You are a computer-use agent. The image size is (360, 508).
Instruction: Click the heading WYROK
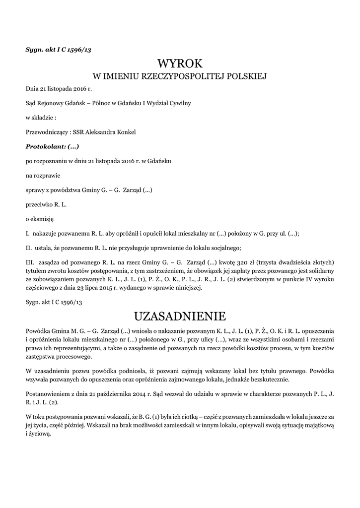180,63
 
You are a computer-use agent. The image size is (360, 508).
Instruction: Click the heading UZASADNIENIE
180,316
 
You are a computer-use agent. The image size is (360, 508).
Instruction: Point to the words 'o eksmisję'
39,218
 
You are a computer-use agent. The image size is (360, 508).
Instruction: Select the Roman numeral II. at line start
28,248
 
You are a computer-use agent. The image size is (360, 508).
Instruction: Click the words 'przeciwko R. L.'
46,204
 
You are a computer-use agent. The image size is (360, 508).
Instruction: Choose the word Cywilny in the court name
180,103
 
